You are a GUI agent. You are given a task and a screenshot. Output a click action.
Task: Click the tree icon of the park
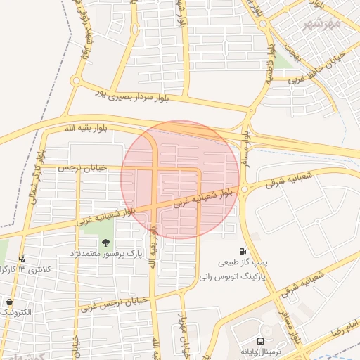105,243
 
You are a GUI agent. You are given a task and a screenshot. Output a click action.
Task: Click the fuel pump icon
243,252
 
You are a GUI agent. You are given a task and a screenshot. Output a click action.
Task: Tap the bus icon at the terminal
262,340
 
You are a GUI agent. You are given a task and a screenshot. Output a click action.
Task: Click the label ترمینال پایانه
261,351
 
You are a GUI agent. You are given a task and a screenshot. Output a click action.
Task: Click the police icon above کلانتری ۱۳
22,259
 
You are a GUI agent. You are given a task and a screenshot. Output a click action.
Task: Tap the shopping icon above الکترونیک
9,302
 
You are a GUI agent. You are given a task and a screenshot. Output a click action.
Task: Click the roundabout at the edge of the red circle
244,189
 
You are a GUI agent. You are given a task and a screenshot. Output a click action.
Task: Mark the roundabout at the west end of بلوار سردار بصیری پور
76,81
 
